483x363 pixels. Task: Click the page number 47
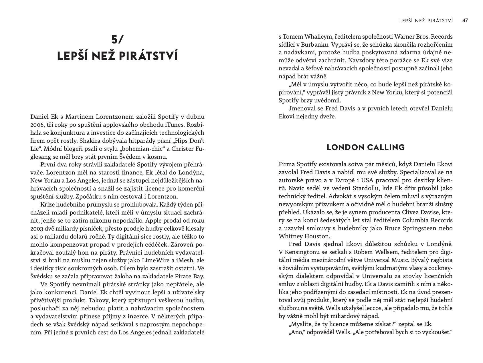click(465, 21)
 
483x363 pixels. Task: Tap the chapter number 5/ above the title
click(117, 39)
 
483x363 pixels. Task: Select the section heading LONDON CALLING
click(366, 148)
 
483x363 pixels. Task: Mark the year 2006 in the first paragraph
click(36, 125)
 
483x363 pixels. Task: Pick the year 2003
click(36, 229)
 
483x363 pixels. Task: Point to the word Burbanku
click(313, 45)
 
